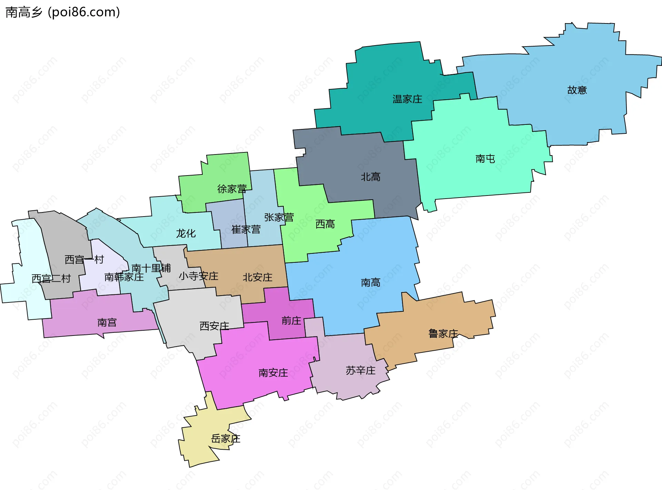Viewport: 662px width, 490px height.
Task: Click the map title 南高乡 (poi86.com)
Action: coord(63,12)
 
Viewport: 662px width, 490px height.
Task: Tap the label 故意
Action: coord(577,90)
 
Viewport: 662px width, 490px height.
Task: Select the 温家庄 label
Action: coord(407,99)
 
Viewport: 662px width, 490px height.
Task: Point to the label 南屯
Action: coord(485,159)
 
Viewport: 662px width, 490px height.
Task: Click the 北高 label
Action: coord(371,177)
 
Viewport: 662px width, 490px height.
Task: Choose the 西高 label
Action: coord(325,224)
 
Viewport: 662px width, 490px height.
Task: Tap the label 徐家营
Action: coord(232,189)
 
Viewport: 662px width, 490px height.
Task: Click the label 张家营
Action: coord(279,217)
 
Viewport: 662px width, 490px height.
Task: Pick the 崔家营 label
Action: coord(246,229)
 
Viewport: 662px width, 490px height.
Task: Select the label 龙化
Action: coord(186,233)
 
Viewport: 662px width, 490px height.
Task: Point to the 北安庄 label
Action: coord(258,277)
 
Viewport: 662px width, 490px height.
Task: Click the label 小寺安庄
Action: coord(198,276)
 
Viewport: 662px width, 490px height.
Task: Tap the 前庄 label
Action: coord(291,321)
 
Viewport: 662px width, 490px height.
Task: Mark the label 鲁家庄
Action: coord(443,333)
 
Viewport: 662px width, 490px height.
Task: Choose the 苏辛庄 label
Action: coord(361,370)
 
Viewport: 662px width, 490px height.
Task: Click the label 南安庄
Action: coord(273,373)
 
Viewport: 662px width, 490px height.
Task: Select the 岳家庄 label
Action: coord(225,439)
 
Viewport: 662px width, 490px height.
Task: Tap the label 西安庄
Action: coord(214,326)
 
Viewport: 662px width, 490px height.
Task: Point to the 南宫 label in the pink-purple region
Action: coord(107,322)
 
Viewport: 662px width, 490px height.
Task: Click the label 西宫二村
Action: coord(51,278)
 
